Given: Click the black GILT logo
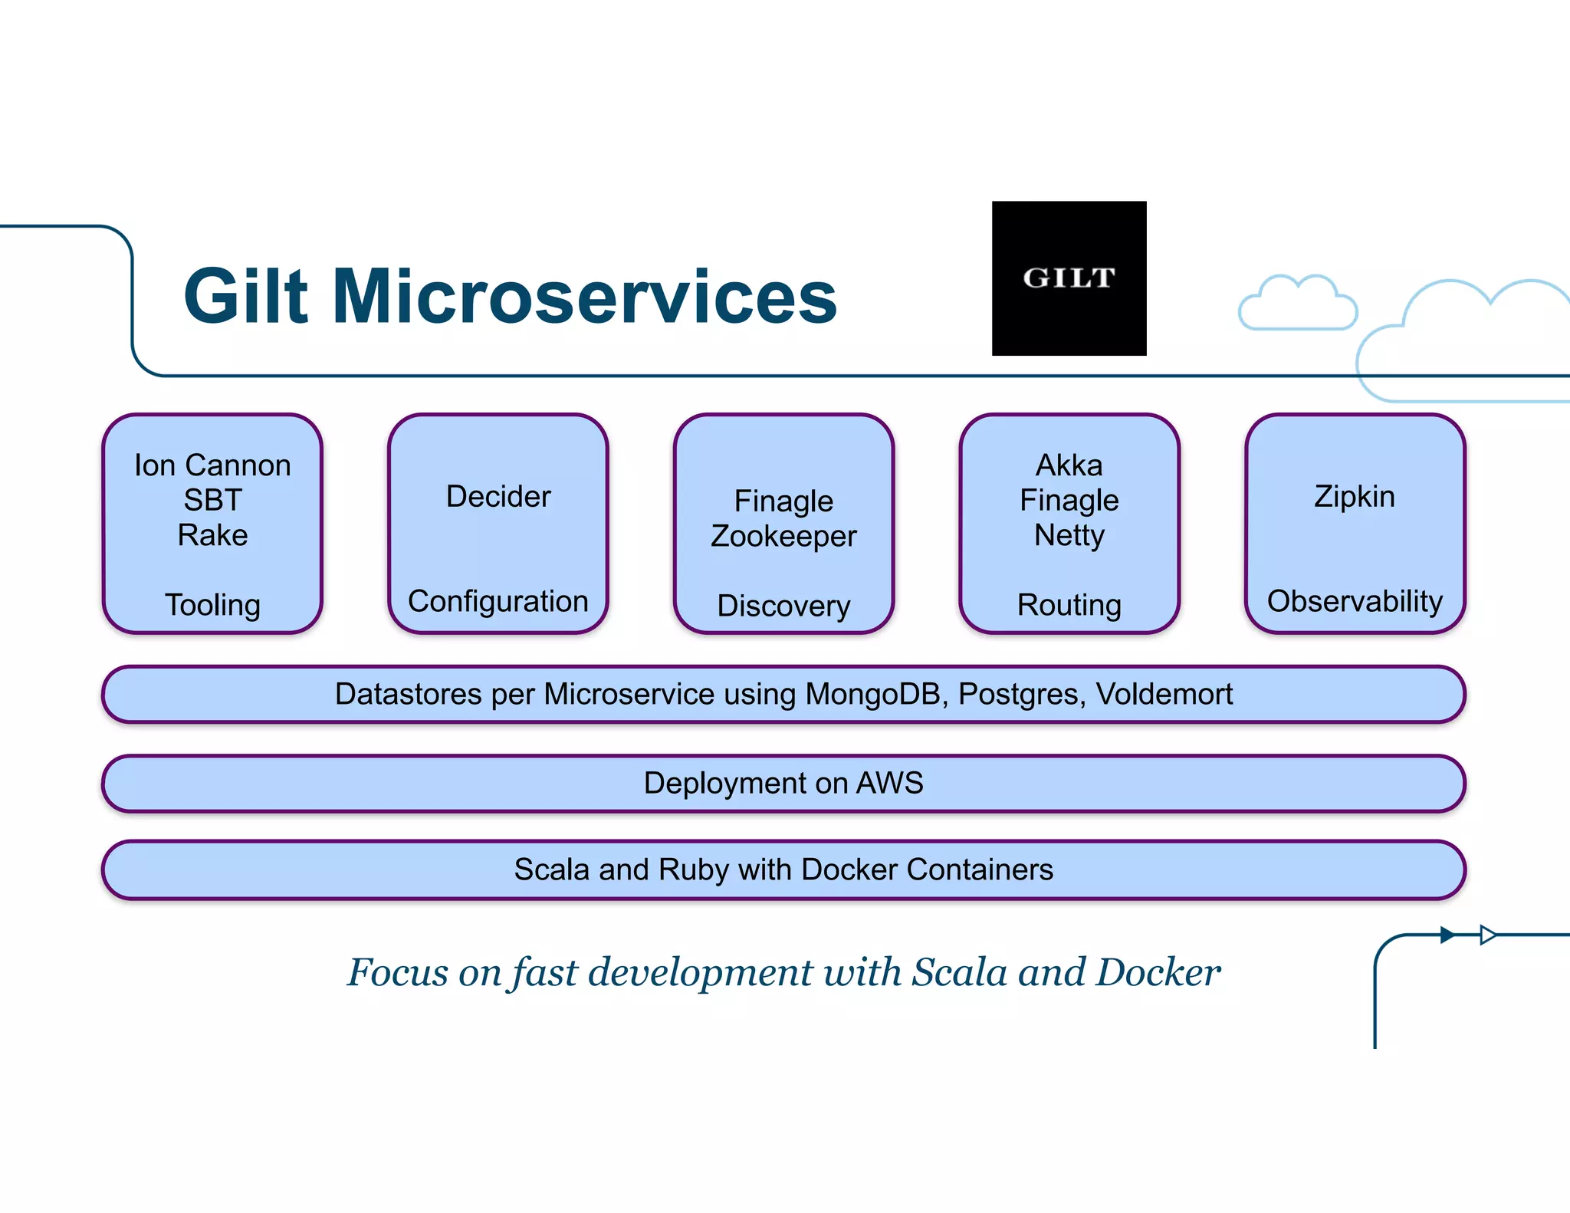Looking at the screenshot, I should click(1069, 278).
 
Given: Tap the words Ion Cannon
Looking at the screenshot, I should click(212, 465).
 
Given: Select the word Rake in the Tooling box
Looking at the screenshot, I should click(212, 535).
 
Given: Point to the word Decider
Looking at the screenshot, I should click(498, 497).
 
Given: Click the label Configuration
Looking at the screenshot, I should click(498, 601).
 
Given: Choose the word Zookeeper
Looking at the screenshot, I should click(783, 536).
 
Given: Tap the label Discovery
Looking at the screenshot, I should click(783, 606).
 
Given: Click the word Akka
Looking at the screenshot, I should click(1069, 465).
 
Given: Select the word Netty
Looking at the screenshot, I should click(1069, 535).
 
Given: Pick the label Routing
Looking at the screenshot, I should click(1069, 605).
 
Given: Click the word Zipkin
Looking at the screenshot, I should click(1355, 497).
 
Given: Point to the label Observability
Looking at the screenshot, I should click(1355, 601).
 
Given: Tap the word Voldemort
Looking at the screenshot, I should click(1164, 694).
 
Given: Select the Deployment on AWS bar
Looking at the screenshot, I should click(783, 784).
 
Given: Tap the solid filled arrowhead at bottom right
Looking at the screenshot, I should click(1447, 935).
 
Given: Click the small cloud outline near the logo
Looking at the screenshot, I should click(1297, 305).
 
